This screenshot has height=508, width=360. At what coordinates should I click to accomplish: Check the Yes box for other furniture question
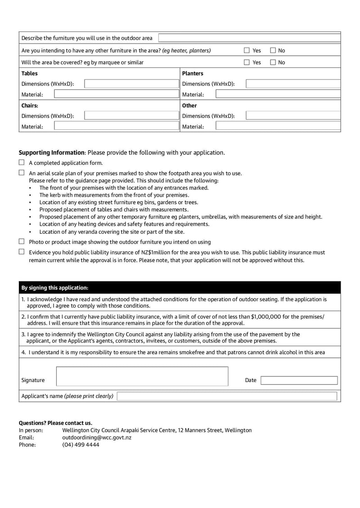[x=247, y=50]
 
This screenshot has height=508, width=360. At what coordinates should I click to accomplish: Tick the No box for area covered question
[x=273, y=62]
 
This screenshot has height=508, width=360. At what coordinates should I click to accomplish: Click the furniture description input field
[x=249, y=38]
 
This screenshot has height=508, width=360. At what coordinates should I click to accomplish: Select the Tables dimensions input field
[x=131, y=84]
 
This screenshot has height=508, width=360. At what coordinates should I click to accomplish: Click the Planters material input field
[x=278, y=94]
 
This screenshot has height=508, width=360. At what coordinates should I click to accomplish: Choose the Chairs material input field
[x=117, y=126]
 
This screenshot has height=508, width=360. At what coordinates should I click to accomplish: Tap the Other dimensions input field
[x=293, y=116]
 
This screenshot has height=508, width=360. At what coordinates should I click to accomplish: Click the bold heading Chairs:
[x=30, y=106]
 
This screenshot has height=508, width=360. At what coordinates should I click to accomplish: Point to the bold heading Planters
[x=193, y=73]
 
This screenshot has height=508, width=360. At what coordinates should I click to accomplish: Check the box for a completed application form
[x=22, y=163]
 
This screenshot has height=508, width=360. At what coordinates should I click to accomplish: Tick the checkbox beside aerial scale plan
[x=22, y=173]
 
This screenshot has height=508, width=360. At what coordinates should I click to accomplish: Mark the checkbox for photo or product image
[x=22, y=241]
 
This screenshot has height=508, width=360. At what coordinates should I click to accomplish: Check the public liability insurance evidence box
[x=22, y=252]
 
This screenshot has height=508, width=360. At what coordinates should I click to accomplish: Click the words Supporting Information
[x=51, y=152]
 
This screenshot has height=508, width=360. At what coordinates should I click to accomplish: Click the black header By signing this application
[x=55, y=288]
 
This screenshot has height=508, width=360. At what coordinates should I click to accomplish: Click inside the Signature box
[x=142, y=376]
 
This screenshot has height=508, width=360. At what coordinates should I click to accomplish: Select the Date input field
[x=299, y=380]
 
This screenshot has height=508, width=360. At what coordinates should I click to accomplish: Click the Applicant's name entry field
[x=227, y=396]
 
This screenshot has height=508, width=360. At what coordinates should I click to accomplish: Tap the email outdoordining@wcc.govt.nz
[x=97, y=437]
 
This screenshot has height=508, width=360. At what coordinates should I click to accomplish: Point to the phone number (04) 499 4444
[x=81, y=445]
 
